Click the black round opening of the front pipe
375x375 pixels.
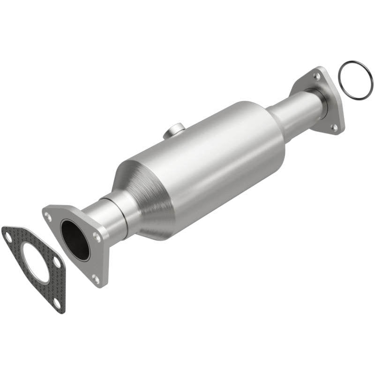click(x=75, y=240)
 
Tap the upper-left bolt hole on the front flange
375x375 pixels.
click(x=48, y=216)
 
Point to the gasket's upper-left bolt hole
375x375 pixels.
click(x=8, y=237)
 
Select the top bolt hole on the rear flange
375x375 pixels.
click(x=317, y=75)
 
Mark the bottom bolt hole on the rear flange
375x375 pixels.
click(x=334, y=127)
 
